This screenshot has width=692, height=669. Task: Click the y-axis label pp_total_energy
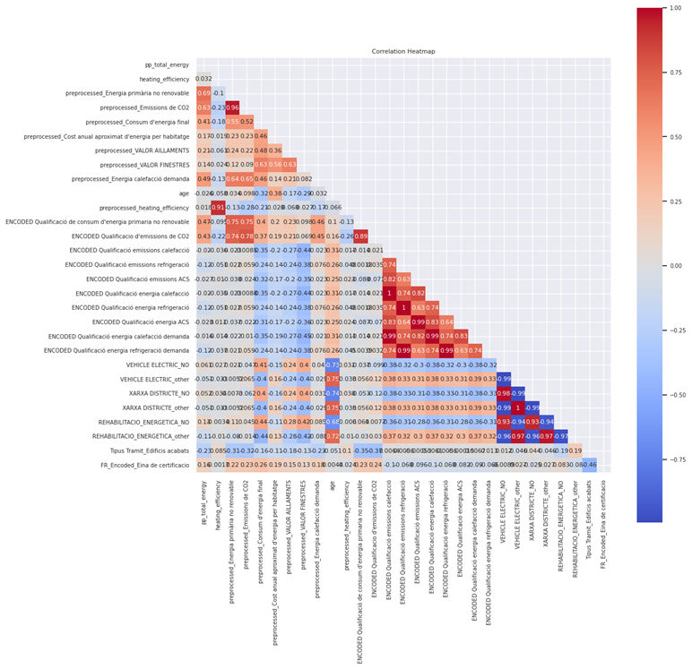167,64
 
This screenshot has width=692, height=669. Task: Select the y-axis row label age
184,193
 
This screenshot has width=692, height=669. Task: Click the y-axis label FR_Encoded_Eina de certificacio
139,465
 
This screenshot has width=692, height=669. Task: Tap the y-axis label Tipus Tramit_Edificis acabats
142,450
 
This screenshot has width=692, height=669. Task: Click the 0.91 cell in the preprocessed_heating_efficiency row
218,208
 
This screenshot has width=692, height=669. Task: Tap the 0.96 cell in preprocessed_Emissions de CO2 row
232,107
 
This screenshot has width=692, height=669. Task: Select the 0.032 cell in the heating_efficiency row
203,79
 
